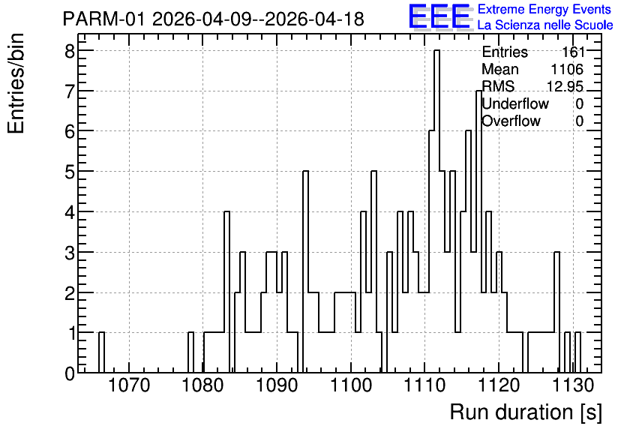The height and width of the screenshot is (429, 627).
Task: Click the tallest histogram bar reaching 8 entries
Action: coord(436,211)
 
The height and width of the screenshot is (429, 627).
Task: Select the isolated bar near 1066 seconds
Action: coord(101,352)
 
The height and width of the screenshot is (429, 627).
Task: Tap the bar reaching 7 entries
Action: coord(478,232)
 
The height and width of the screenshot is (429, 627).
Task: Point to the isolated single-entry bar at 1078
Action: coord(190,352)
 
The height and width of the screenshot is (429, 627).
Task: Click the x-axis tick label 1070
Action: coord(129,385)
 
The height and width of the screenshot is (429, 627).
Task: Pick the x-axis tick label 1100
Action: coord(352,385)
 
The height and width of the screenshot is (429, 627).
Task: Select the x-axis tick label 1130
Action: coord(574,385)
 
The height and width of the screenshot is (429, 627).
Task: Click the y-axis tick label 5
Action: coord(70,172)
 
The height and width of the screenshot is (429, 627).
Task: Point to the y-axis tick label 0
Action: coord(70,373)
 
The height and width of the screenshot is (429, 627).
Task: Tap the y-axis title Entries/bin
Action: coord(16,84)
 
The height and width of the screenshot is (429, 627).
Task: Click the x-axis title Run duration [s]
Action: coord(526,412)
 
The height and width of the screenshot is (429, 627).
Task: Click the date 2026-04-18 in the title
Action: coord(314,19)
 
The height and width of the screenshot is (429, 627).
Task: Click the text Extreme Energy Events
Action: coord(544,9)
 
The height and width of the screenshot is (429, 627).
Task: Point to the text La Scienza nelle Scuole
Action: coord(545,25)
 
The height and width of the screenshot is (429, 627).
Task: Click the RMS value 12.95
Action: coord(565,86)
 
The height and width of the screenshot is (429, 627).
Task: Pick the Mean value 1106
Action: coord(567,69)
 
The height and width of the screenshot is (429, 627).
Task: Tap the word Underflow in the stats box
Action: coord(515,104)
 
